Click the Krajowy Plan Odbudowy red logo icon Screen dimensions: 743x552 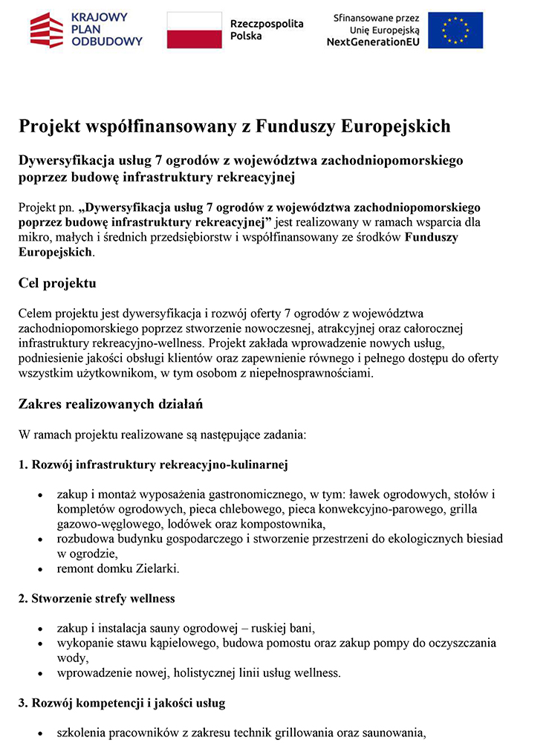click(46, 30)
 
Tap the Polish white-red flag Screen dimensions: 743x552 click(194, 30)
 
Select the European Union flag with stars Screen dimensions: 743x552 click(455, 30)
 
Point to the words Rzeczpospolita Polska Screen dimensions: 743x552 click(267, 30)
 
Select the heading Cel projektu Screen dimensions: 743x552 click(57, 283)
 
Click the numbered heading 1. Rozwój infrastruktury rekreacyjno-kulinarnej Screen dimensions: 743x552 click(153, 465)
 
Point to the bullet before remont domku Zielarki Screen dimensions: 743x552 click(39, 570)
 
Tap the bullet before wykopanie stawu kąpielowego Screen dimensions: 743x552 click(39, 643)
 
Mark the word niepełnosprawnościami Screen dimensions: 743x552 click(314, 373)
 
